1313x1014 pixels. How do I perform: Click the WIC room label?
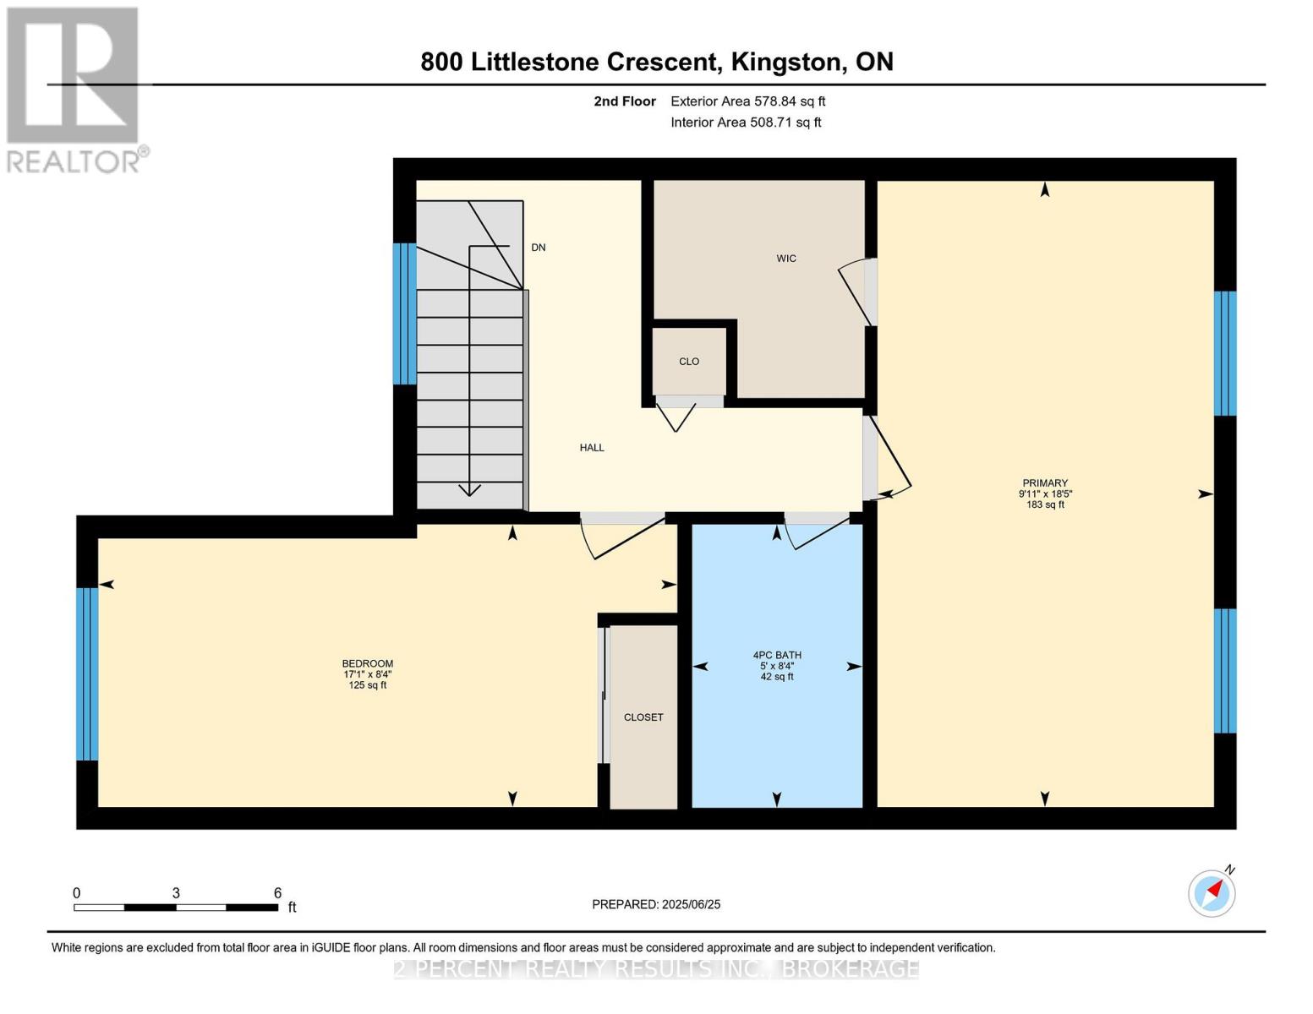point(786,259)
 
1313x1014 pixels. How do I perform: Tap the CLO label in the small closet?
point(689,361)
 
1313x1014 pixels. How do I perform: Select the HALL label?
point(592,448)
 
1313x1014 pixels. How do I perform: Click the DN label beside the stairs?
point(539,247)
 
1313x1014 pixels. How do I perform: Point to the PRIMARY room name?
point(1045,482)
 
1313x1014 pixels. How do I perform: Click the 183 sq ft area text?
point(1045,504)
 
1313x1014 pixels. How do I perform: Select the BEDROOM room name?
point(368,663)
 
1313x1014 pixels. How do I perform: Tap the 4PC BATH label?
point(777,655)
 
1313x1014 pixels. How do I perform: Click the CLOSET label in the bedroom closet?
point(643,717)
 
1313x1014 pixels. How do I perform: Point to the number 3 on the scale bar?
point(176,892)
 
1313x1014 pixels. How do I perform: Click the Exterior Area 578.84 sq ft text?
point(748,101)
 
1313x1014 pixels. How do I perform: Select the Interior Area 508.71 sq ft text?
point(747,122)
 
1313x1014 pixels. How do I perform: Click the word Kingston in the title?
point(786,63)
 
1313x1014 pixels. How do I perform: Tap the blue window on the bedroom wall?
point(87,674)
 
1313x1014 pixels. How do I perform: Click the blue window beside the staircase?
point(404,313)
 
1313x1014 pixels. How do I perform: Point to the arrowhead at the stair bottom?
point(469,490)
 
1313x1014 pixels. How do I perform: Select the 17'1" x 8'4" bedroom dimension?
point(368,674)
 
